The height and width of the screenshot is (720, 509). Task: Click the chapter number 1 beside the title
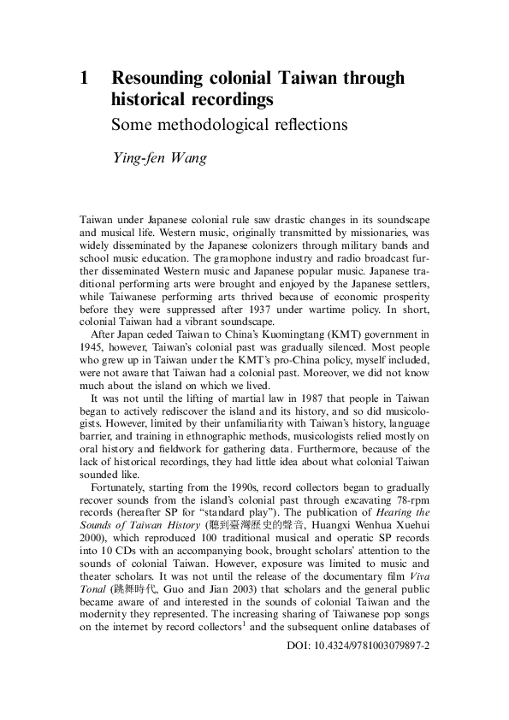point(85,79)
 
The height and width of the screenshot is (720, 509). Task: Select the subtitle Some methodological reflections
point(230,124)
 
